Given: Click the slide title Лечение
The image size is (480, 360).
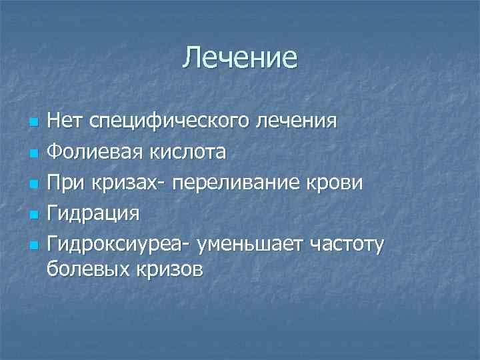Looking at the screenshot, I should pos(240,58).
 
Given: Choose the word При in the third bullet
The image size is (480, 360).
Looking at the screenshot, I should pos(66,183).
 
